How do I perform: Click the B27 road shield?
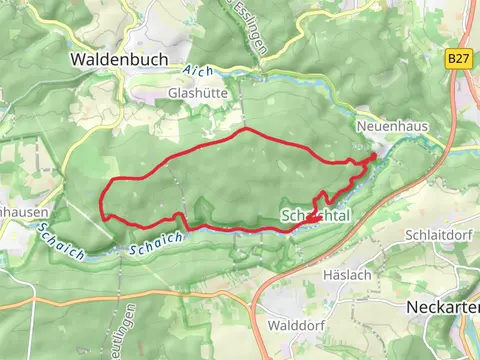(x=458, y=59)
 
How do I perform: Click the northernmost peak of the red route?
(x=243, y=130)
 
